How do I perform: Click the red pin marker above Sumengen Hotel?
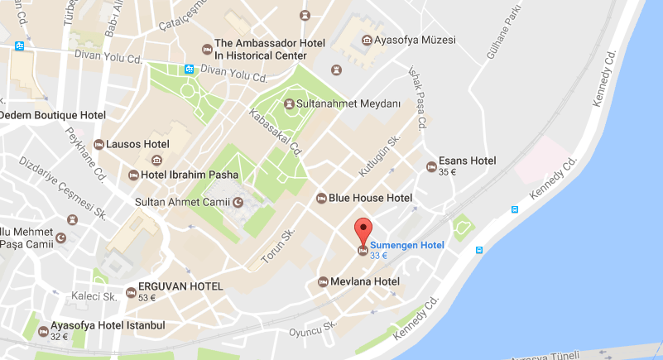point(363,228)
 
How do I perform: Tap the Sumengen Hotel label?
point(406,245)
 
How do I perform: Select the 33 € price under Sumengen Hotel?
point(379,256)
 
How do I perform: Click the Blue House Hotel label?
point(370,198)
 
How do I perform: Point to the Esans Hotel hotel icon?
point(430,166)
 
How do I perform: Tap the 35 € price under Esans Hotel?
point(448,172)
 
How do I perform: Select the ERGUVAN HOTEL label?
point(180,286)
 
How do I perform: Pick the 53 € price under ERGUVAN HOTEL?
point(147,298)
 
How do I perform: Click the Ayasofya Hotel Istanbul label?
point(108,325)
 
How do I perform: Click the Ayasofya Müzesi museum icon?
point(366,39)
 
